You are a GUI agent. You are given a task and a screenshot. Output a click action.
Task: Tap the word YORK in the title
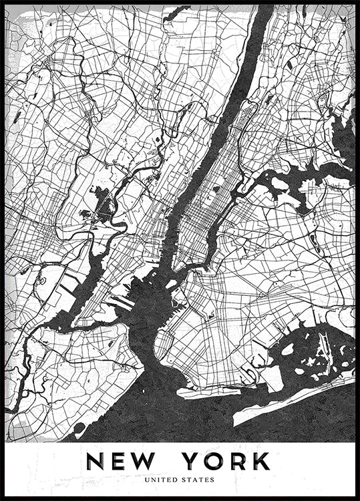(x=226, y=462)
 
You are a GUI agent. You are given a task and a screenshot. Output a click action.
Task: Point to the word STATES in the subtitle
(x=198, y=479)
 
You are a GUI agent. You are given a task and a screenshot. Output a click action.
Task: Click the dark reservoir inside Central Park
(x=216, y=189)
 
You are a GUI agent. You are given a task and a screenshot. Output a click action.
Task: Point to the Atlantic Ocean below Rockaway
(x=267, y=421)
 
